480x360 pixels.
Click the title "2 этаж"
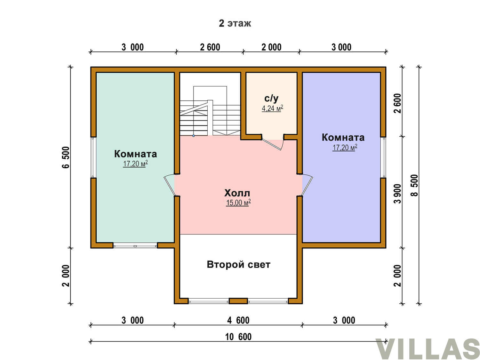click(235, 23)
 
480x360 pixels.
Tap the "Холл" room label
click(237, 193)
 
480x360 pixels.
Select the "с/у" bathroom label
click(271, 99)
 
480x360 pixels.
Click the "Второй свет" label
click(239, 265)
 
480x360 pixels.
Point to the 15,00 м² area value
click(238, 203)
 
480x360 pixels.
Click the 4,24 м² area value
click(272, 108)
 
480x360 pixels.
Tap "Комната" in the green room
click(136, 154)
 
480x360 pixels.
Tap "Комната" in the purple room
click(343, 138)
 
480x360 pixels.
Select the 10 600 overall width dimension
click(238, 337)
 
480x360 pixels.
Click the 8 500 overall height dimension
click(414, 185)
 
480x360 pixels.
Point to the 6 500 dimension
click(66, 157)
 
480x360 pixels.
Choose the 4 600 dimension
click(238, 320)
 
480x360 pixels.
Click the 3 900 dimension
click(397, 194)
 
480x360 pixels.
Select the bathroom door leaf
click(271, 145)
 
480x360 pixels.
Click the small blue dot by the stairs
click(194, 136)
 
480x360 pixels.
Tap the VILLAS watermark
click(428, 349)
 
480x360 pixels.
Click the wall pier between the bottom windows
click(238, 301)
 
